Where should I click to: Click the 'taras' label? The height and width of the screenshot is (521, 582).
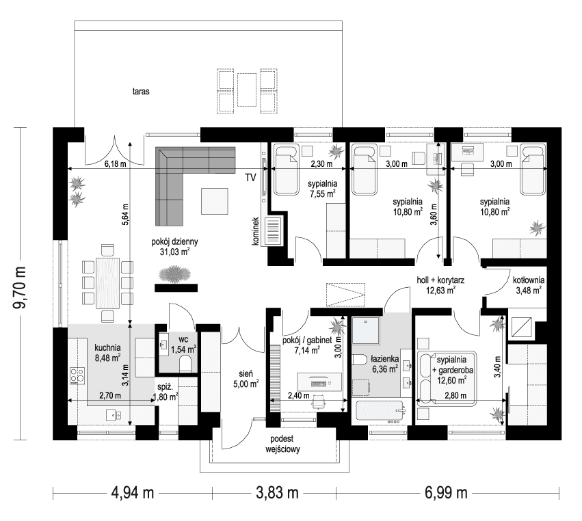click(141, 90)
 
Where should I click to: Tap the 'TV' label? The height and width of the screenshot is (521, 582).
click(251, 178)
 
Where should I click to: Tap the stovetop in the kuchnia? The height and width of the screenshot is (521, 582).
click(77, 375)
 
